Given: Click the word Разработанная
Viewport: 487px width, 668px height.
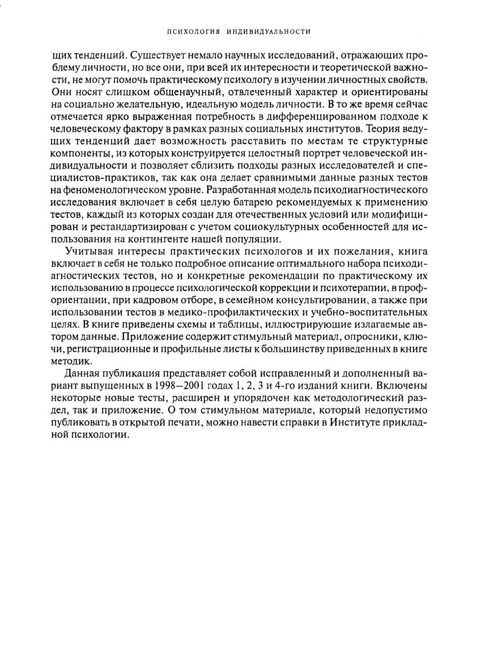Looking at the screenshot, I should click(241, 190).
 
